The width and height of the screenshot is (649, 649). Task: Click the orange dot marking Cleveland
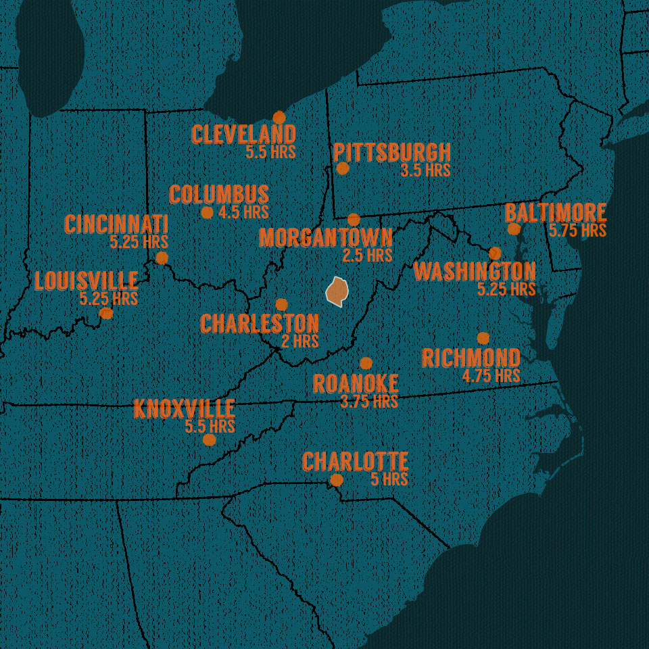pos(279,118)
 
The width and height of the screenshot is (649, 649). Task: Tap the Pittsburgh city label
pos(391,153)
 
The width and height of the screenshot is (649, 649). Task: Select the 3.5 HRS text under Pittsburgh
pos(425,170)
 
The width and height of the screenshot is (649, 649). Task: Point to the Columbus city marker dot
pos(208,212)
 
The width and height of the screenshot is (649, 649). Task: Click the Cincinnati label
pos(116,224)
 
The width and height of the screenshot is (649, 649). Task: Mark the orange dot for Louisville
pos(106,313)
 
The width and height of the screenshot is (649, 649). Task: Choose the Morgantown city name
pos(325,238)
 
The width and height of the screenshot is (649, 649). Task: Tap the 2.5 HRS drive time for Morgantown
pos(367,256)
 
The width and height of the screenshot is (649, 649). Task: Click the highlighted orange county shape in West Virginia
pos(337,291)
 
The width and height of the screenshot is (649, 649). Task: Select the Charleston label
pos(259,324)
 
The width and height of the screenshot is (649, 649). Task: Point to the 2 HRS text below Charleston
pos(299,341)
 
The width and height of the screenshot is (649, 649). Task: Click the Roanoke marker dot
pos(366,363)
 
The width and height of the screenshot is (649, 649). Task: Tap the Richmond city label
pos(471,358)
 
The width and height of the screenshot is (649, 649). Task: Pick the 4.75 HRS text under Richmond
pos(491,376)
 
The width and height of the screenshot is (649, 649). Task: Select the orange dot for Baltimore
pos(514,229)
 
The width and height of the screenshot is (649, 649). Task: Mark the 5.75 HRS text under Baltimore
pos(577,231)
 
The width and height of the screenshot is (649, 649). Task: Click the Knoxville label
pos(184,410)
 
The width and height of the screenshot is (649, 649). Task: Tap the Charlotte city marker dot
pos(336,480)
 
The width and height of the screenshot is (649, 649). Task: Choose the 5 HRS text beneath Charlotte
pos(389,479)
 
